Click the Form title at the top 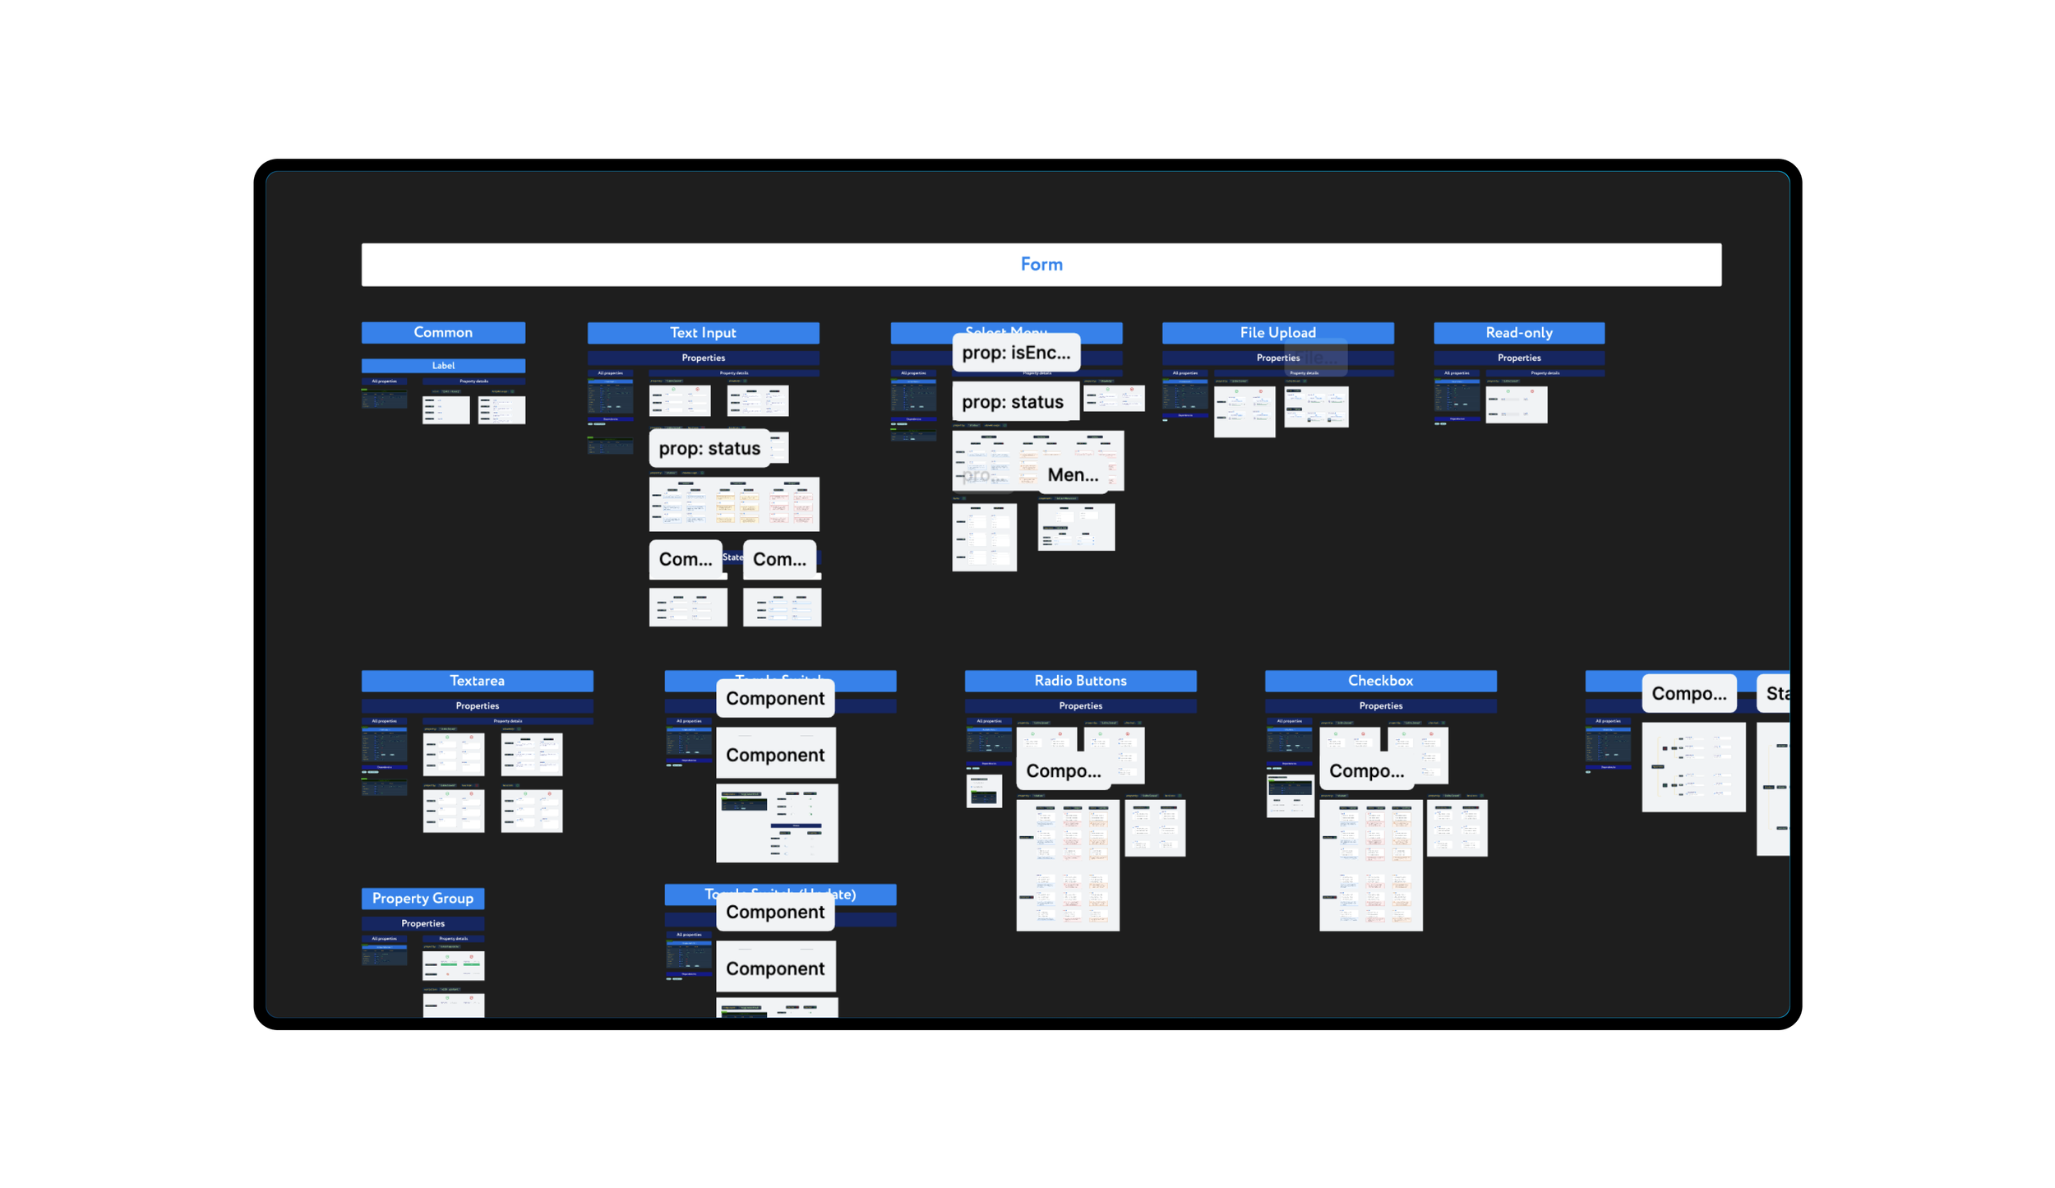[1041, 264]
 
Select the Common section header [443, 332]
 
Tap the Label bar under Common [443, 365]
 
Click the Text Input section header [703, 332]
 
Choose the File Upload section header [1277, 332]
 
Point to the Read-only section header [1518, 332]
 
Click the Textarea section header [477, 680]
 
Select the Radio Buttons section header [1080, 680]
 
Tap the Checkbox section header [1380, 680]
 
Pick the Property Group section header [423, 898]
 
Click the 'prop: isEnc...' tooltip [1016, 353]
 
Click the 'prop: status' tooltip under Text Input [709, 448]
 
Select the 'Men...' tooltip [1073, 474]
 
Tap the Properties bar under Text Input [703, 358]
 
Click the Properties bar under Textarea [477, 705]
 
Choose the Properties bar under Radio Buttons [1080, 705]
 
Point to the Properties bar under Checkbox [1380, 705]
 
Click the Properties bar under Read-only [1518, 358]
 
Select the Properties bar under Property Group [423, 923]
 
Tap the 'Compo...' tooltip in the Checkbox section [1366, 770]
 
